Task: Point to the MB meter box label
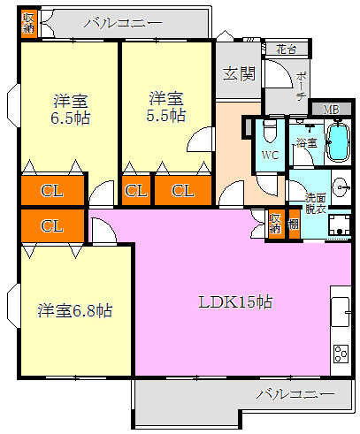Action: tap(330, 110)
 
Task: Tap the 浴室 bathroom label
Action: tap(306, 142)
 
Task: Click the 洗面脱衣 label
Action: tap(316, 202)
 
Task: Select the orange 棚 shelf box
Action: tap(293, 224)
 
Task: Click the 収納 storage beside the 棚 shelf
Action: tap(276, 223)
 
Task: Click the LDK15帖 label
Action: tap(235, 301)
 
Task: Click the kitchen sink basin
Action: tap(341, 309)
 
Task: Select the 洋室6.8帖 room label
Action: tap(74, 310)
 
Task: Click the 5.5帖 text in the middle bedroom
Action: tap(166, 115)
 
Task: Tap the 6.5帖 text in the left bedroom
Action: tap(71, 118)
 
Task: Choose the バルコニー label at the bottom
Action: tap(295, 393)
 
